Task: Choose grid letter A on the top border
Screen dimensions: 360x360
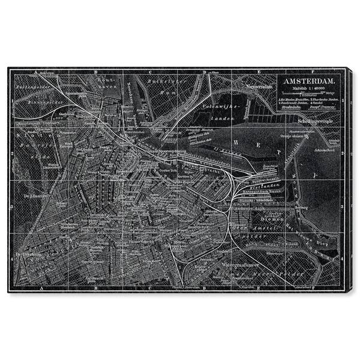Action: pos(37,72)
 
